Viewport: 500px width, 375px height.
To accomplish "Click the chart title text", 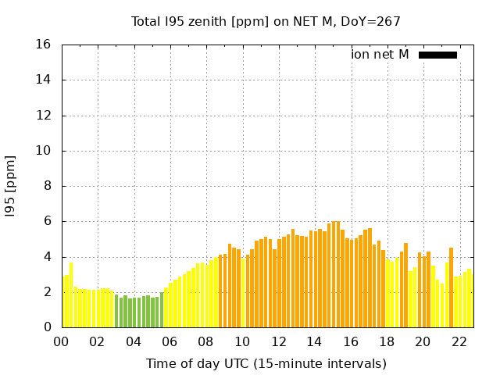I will point(266,22).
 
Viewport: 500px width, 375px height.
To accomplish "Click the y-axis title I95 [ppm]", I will point(11,185).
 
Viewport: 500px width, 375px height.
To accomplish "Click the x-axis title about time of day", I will point(266,363).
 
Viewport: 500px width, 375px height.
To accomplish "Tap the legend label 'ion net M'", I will point(380,55).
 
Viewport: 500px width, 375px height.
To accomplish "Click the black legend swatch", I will point(437,55).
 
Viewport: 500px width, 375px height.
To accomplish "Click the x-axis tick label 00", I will point(61,342).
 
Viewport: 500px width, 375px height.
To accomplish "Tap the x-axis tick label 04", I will point(134,342).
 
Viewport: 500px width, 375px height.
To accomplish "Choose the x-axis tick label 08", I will point(205,342).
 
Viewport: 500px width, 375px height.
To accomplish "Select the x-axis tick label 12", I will point(278,342).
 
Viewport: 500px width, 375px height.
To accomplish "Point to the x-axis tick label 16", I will point(350,342).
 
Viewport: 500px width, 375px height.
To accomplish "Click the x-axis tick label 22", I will point(459,342).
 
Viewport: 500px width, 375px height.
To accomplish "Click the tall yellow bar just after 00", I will point(71,295).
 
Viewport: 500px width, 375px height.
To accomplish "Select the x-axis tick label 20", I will point(423,342).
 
